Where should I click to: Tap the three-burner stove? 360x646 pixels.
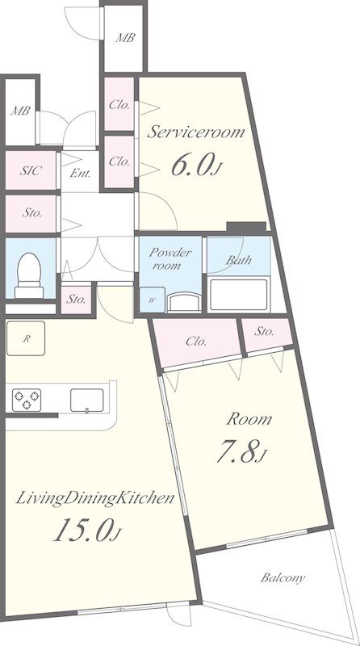pyautogui.click(x=27, y=400)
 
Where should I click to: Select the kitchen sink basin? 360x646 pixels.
pyautogui.click(x=87, y=400)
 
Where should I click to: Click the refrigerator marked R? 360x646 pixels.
pyautogui.click(x=26, y=338)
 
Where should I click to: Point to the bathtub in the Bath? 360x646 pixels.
pyautogui.click(x=239, y=295)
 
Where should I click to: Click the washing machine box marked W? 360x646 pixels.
pyautogui.click(x=152, y=300)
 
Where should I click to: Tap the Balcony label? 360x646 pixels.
pyautogui.click(x=283, y=577)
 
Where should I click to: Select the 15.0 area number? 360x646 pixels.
pyautogui.click(x=87, y=530)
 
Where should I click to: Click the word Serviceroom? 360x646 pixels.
pyautogui.click(x=195, y=132)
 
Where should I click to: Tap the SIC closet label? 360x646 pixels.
pyautogui.click(x=31, y=170)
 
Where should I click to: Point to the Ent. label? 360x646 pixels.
pyautogui.click(x=80, y=174)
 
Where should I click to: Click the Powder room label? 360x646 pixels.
pyautogui.click(x=170, y=258)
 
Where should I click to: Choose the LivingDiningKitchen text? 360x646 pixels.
pyautogui.click(x=95, y=498)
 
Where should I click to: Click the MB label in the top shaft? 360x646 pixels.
pyautogui.click(x=125, y=37)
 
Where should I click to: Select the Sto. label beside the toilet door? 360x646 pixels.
pyautogui.click(x=76, y=299)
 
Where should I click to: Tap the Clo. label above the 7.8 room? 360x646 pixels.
pyautogui.click(x=196, y=341)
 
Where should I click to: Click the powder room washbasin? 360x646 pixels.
pyautogui.click(x=184, y=302)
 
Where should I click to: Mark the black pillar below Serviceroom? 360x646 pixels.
pyautogui.click(x=246, y=227)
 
